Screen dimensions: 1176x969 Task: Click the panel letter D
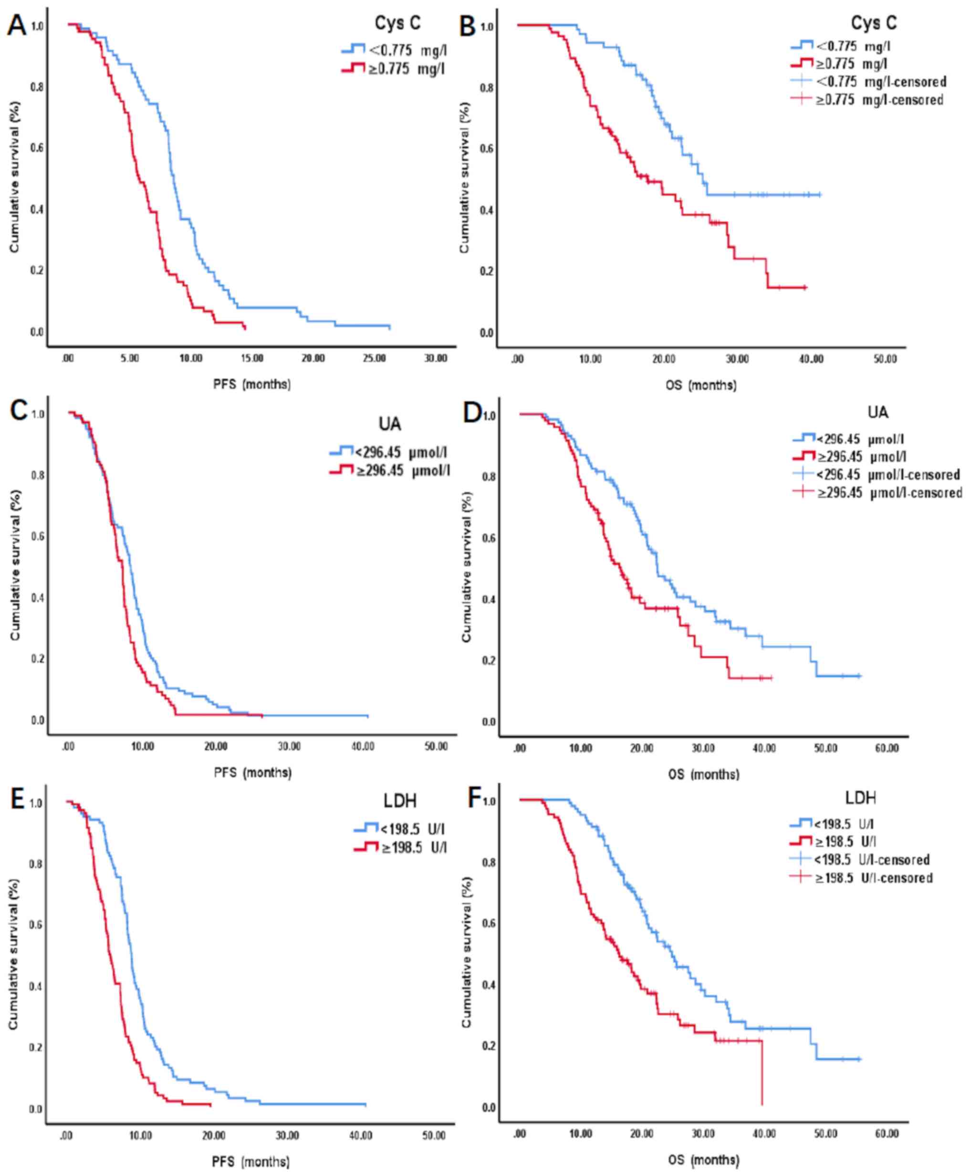[472, 414]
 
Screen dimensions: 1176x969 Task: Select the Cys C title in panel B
[874, 23]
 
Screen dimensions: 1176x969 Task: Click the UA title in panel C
[390, 424]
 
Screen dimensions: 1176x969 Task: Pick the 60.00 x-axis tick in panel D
[886, 748]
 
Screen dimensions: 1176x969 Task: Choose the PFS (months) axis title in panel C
[252, 773]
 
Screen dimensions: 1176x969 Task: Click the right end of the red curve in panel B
[805, 288]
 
